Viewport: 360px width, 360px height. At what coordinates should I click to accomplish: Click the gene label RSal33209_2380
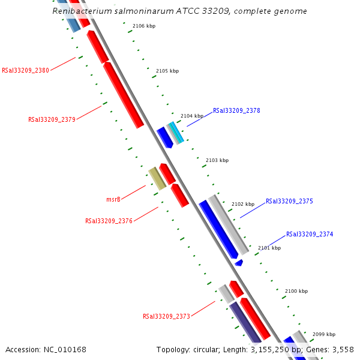26,70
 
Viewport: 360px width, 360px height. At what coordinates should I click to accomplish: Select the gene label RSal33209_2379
52,119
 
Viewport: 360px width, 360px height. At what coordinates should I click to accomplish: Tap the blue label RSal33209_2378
236,111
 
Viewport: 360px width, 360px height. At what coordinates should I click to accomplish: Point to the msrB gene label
113,199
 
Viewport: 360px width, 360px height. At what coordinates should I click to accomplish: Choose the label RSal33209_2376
109,221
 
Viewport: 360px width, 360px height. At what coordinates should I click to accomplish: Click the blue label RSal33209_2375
289,202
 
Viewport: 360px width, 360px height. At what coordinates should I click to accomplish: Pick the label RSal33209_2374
310,235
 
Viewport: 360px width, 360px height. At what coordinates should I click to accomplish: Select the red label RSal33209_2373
166,316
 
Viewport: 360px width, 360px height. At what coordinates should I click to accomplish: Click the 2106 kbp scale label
144,26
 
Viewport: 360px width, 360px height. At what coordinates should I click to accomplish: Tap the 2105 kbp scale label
167,71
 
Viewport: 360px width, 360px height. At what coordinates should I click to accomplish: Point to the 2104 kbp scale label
192,116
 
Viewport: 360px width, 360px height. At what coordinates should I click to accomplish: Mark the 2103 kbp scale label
217,160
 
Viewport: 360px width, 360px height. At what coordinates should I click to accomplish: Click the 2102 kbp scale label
243,204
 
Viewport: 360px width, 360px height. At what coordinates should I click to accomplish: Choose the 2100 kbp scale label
296,291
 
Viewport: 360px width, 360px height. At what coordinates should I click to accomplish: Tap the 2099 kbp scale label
324,334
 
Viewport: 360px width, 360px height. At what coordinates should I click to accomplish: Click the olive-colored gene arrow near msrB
157,178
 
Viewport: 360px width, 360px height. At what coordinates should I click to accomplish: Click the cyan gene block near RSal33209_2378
175,133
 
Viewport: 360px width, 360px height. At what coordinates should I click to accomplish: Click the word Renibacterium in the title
80,11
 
